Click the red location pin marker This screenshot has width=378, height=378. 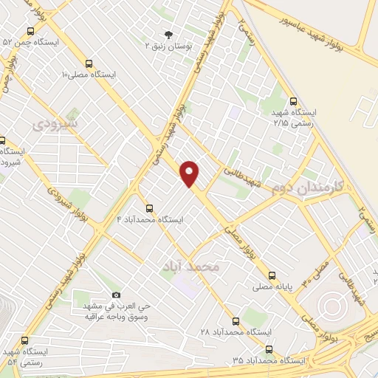pyautogui.click(x=190, y=173)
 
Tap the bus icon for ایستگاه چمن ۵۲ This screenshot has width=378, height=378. pyautogui.click(x=30, y=31)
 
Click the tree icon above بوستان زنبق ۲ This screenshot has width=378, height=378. pyautogui.click(x=168, y=35)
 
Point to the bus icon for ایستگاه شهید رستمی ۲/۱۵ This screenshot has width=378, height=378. pyautogui.click(x=294, y=102)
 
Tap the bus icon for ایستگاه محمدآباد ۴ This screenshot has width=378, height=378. pyautogui.click(x=150, y=208)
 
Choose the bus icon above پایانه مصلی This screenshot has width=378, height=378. pyautogui.click(x=272, y=273)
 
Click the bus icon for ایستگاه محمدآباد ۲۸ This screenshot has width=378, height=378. pyautogui.click(x=236, y=321)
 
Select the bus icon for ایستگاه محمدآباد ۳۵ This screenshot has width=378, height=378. pyautogui.click(x=268, y=349)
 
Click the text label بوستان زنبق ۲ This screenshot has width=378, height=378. pyautogui.click(x=168, y=47)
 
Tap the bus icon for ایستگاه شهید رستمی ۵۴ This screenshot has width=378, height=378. pyautogui.click(x=26, y=341)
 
